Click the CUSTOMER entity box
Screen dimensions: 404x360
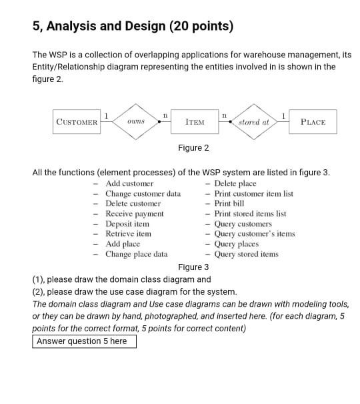tap(77, 122)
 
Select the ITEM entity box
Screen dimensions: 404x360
tap(195, 122)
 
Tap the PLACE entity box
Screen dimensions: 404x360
tap(313, 122)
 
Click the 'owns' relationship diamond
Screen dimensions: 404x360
tap(136, 122)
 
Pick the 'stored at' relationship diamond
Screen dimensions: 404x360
tap(254, 122)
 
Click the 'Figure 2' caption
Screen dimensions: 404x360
tap(193, 148)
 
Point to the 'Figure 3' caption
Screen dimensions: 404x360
tap(193, 267)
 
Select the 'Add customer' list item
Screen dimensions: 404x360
tap(129, 183)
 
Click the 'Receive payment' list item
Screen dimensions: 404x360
tap(134, 213)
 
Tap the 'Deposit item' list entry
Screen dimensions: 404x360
tap(127, 223)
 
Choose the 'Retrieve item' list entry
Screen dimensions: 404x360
tap(128, 233)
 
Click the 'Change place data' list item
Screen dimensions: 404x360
tap(136, 254)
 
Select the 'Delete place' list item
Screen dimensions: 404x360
tap(235, 183)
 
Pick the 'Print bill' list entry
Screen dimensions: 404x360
tap(229, 203)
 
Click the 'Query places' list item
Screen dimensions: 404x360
tap(236, 244)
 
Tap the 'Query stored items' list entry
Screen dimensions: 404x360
tap(246, 254)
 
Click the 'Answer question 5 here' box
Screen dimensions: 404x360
tap(84, 341)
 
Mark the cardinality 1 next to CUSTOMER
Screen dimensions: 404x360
tap(106, 115)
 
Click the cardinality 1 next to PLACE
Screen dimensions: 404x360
tap(285, 115)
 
